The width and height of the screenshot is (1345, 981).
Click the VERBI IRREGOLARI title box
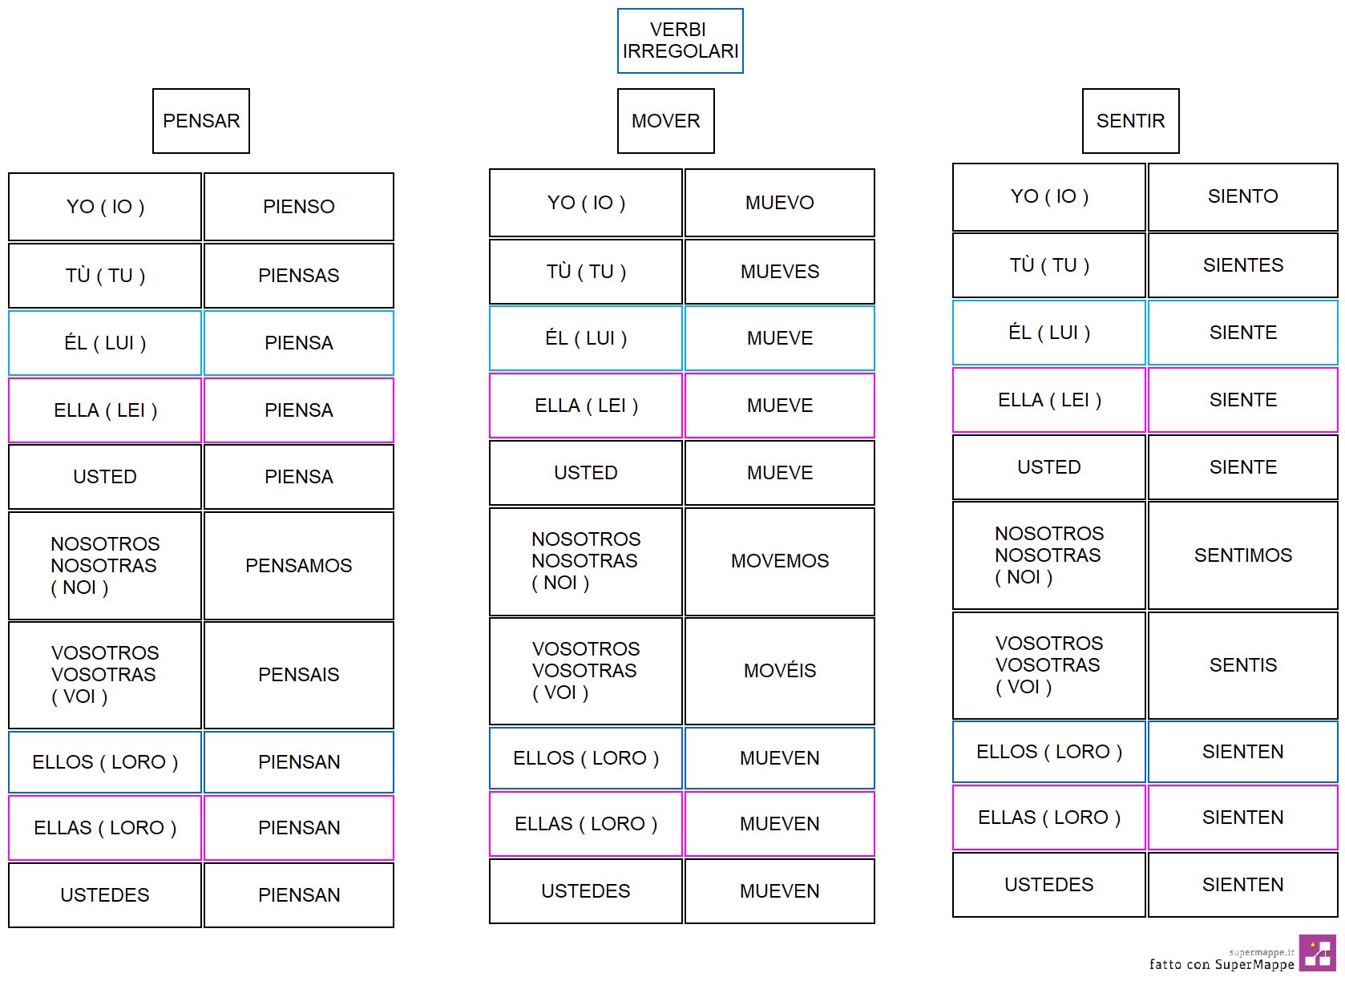coord(681,41)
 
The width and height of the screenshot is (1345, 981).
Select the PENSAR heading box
coord(201,121)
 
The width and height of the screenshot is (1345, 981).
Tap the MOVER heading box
coord(666,121)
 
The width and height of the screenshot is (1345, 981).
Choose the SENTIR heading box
coord(1131,121)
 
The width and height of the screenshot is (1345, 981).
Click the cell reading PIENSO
coord(299,207)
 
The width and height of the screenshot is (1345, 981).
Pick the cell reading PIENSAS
coord(299,276)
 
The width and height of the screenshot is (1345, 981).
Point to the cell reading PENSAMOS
coord(299,566)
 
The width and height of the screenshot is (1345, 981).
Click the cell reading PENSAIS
coord(299,675)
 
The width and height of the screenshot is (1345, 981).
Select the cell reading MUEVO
coord(780,203)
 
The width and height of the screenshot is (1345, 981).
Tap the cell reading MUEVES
coord(780,272)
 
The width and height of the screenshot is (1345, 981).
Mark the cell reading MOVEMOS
coord(780,561)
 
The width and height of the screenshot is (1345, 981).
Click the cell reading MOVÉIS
coord(780,671)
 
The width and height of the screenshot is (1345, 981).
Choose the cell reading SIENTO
coord(1243,196)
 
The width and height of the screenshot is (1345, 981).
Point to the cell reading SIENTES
coord(1243,265)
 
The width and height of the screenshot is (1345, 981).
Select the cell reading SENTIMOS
coord(1243,555)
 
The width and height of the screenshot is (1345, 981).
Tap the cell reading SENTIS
coord(1243,665)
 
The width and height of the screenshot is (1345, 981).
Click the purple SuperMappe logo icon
coord(1318,953)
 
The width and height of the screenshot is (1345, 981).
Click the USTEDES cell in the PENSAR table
coord(105,895)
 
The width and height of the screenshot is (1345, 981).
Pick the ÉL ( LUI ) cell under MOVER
coord(586,338)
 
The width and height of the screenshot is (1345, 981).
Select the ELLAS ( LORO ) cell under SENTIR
coord(1049,817)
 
